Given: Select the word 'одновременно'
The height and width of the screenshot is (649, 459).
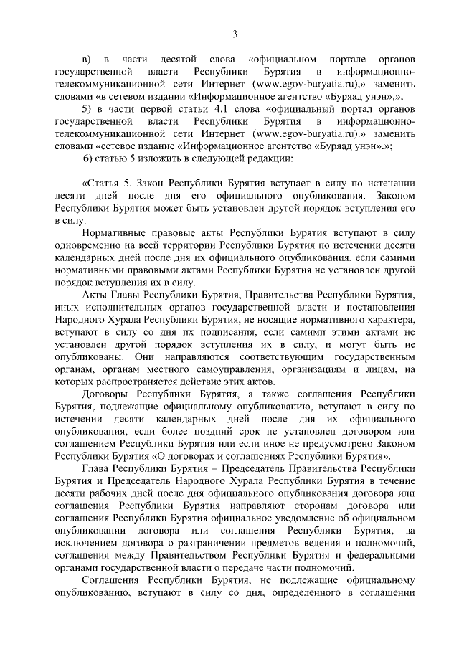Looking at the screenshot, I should (x=87, y=247).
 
